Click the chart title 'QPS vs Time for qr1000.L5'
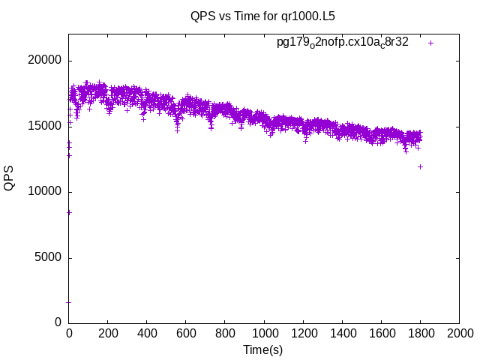[x=257, y=16]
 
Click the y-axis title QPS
[x=9, y=178]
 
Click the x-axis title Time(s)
[x=262, y=349]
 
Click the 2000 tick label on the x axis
[x=459, y=333]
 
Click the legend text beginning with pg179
[x=342, y=43]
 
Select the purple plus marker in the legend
[x=430, y=43]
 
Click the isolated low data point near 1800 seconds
[x=420, y=166]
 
